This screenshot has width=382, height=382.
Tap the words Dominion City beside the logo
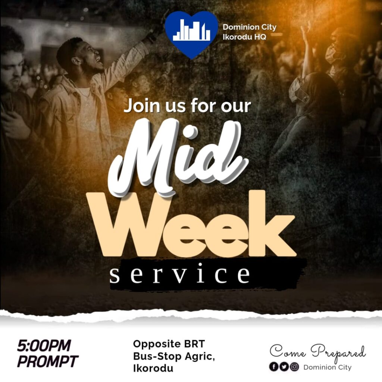point(250,27)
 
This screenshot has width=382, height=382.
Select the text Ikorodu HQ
point(244,37)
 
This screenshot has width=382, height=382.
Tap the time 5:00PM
point(44,345)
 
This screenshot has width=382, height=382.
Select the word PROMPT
point(48,361)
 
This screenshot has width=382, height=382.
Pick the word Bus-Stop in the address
point(157,357)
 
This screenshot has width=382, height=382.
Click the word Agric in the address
point(200,357)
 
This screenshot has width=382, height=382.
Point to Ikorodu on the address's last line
point(153,368)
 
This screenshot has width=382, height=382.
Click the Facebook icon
point(273,367)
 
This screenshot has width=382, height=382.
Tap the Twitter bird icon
point(284,367)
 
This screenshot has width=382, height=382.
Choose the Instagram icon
point(294,367)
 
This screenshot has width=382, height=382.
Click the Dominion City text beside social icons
point(328,367)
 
